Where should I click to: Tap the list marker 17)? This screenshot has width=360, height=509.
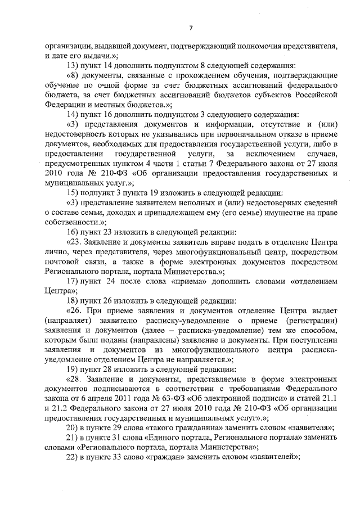pos(73,281)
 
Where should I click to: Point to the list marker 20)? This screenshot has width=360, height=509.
pos(73,428)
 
